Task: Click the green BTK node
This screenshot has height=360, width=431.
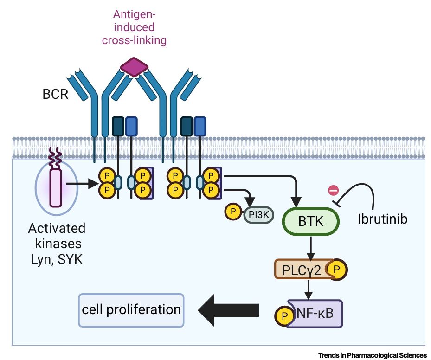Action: (311, 222)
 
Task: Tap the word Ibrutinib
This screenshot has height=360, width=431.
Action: (382, 219)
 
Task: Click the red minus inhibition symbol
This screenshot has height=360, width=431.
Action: (333, 189)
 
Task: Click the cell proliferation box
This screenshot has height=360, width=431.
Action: (131, 310)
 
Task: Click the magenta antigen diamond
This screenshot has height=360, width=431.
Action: (134, 67)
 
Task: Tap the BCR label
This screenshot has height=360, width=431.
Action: (56, 94)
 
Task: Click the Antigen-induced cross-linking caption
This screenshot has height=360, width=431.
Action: (133, 27)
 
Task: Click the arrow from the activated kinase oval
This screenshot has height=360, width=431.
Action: (81, 184)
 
